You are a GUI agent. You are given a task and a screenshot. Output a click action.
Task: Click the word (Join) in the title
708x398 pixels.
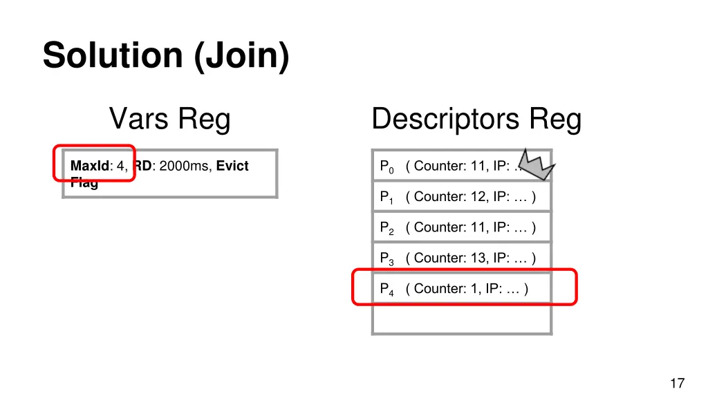[241, 55]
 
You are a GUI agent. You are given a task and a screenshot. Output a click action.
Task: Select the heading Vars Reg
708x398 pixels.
[169, 119]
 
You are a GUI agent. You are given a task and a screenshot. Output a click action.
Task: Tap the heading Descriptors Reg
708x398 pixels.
[476, 119]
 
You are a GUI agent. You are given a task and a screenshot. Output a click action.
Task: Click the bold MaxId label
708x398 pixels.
[89, 166]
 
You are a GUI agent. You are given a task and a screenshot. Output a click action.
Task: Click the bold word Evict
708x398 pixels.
[232, 166]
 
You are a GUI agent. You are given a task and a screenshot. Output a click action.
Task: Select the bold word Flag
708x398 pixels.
[84, 183]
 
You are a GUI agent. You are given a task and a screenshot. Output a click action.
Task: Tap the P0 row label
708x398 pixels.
[386, 167]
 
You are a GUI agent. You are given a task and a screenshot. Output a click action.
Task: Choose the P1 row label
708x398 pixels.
[386, 198]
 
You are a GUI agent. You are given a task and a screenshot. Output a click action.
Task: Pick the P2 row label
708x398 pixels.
[386, 228]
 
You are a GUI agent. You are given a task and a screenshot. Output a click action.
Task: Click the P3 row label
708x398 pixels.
[386, 258]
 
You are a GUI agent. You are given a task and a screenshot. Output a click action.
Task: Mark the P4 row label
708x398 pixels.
[386, 289]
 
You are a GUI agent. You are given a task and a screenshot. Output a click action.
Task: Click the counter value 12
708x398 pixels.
[478, 197]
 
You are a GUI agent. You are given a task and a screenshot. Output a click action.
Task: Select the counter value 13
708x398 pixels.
[478, 258]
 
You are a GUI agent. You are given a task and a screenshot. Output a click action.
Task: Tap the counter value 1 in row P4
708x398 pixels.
[474, 288]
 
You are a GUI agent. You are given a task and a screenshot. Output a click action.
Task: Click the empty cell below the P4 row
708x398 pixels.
[461, 319]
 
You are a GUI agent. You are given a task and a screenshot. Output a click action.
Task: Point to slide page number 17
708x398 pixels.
[677, 383]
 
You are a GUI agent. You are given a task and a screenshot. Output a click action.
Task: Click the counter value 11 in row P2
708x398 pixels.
[478, 227]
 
